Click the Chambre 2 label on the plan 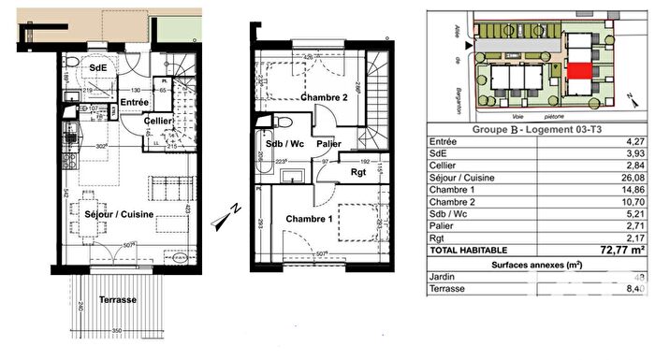coord(325,97)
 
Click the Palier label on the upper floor coord(328,144)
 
